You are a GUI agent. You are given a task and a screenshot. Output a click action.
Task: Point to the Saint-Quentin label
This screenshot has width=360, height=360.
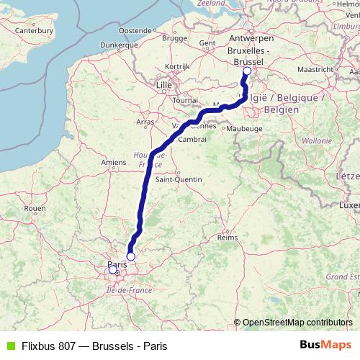click(177, 179)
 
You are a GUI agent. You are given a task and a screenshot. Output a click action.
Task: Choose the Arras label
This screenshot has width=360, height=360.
click(145, 122)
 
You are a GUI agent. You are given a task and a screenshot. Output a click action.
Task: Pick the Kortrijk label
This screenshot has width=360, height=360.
click(176, 66)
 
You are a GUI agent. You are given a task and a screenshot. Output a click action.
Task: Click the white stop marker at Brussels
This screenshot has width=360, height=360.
click(247, 71)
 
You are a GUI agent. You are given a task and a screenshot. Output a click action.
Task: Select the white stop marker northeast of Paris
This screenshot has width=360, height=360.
click(131, 256)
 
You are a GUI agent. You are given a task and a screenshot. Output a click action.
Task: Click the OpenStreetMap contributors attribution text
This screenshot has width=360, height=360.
click(297, 322)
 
